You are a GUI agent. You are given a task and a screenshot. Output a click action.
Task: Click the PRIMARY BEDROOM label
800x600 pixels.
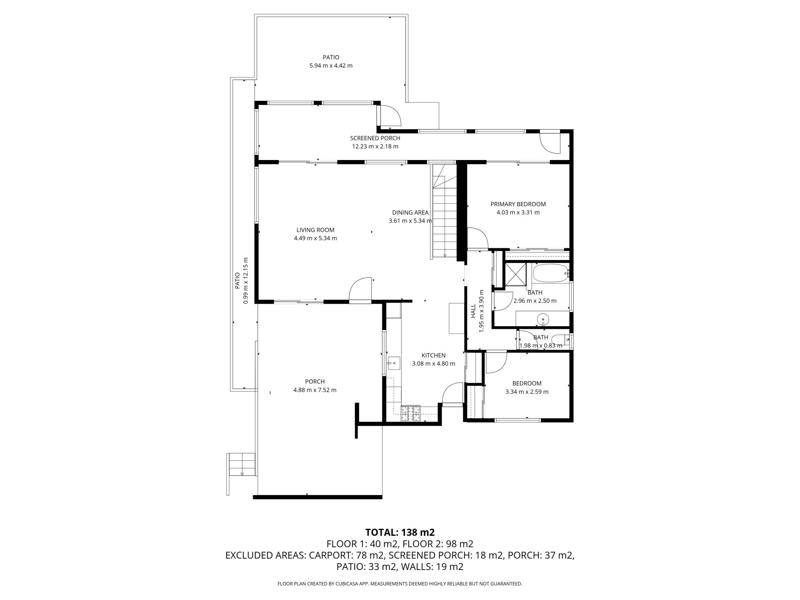tap(518, 204)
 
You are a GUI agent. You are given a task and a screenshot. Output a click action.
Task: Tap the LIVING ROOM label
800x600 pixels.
tap(315, 230)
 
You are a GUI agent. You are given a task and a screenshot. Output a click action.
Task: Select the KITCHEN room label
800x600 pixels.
tap(433, 355)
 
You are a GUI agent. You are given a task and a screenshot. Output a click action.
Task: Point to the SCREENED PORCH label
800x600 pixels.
tap(375, 138)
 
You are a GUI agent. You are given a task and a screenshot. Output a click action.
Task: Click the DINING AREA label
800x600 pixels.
tap(410, 212)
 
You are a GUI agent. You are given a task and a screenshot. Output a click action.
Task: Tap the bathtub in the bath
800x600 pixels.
tap(550, 273)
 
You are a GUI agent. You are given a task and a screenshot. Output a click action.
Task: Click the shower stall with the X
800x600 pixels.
tap(516, 275)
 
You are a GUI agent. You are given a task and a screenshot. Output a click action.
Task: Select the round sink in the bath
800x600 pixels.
tap(543, 320)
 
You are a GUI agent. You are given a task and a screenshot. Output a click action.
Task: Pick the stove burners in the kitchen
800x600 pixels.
tap(410, 414)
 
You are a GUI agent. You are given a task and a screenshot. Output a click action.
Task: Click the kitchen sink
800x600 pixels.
tap(394, 363)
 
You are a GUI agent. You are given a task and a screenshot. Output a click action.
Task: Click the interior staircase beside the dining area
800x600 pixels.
tap(445, 211)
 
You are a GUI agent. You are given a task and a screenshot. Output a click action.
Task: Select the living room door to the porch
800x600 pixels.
tap(360, 289)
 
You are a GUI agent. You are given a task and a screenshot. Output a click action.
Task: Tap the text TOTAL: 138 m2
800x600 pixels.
tap(400, 532)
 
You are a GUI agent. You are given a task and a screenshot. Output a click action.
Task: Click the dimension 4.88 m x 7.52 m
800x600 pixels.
tap(315, 390)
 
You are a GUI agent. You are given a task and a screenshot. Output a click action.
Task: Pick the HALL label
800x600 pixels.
tap(473, 311)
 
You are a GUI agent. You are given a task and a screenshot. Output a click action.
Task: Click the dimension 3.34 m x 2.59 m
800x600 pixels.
tap(527, 392)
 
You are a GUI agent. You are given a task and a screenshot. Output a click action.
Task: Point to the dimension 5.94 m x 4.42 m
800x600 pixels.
tap(331, 65)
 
